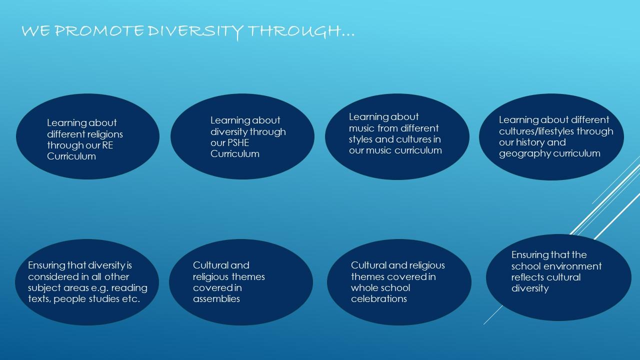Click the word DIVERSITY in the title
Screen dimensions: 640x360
tap(195, 31)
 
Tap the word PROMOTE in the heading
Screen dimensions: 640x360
tap(99, 31)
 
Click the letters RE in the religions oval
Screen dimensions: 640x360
tap(107, 145)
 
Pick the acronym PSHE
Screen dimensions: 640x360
tap(238, 142)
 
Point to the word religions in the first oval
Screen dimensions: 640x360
tap(105, 134)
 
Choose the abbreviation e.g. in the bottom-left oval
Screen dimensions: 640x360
tap(99, 288)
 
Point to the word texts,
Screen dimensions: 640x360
tap(39, 299)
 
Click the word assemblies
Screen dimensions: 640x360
tap(216, 299)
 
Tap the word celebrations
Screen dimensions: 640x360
tap(379, 299)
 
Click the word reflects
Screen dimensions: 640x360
tap(527, 277)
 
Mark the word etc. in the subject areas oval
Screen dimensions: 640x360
tap(131, 299)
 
